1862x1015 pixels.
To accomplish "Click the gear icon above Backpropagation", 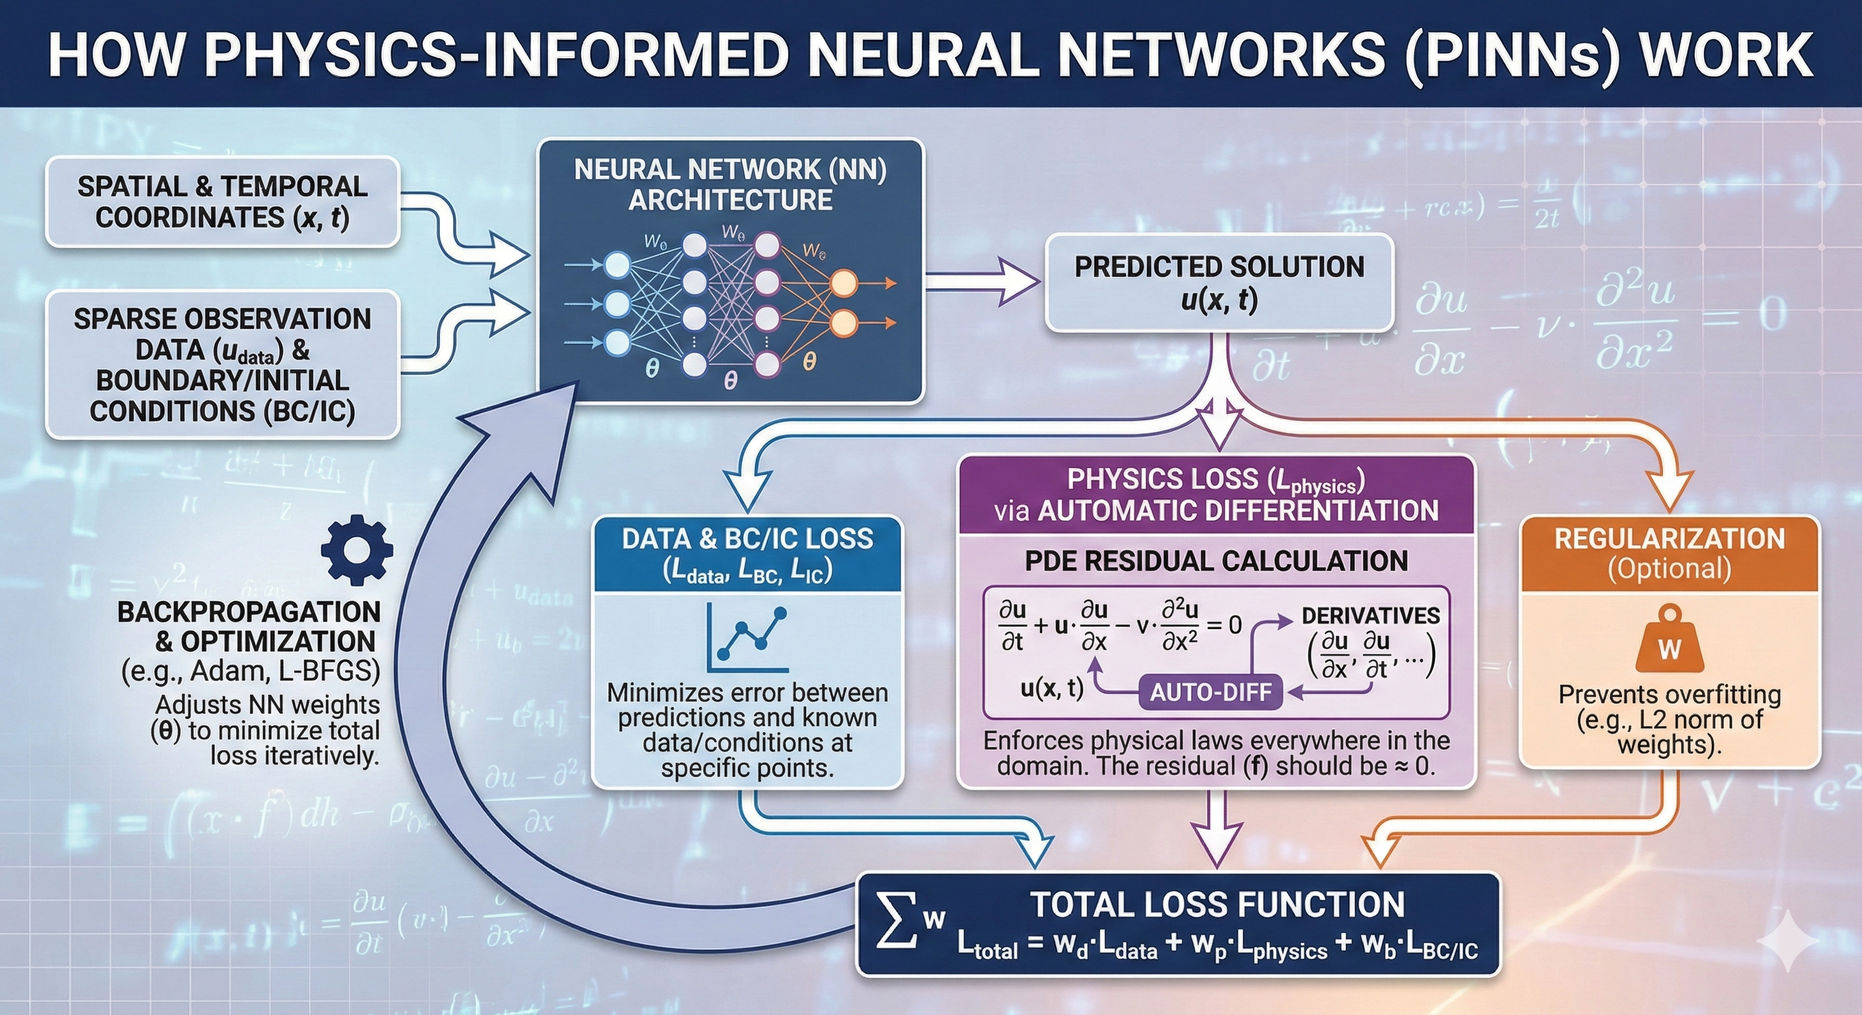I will [x=356, y=550].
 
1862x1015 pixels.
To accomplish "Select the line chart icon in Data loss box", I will [x=747, y=638].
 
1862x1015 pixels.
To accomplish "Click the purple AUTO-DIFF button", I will [x=1210, y=692].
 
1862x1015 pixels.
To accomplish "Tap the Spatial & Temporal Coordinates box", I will [x=223, y=202].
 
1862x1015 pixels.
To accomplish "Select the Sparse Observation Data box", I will [x=223, y=365].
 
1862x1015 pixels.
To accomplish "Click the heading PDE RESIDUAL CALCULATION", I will [x=1216, y=561].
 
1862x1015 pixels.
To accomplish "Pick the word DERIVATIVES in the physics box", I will [x=1371, y=615].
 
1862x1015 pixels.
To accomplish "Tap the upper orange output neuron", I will [x=843, y=283].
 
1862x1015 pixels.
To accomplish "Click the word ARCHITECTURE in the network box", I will [x=730, y=200].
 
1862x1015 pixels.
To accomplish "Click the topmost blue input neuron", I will [x=616, y=265].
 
